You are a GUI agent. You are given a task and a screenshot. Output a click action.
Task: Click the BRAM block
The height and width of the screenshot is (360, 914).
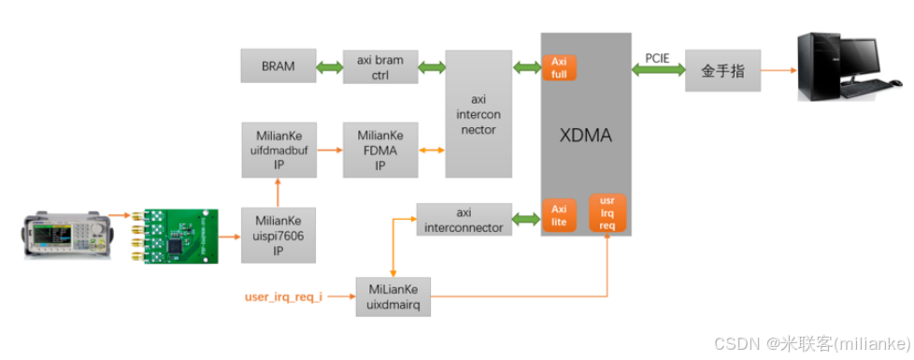[278, 67]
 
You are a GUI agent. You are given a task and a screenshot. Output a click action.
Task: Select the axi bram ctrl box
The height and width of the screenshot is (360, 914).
[380, 67]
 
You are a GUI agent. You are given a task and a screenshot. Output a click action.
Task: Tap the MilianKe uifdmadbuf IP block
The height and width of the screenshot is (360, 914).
[278, 150]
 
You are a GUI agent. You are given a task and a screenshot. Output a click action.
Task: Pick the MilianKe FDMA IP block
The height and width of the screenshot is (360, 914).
[380, 150]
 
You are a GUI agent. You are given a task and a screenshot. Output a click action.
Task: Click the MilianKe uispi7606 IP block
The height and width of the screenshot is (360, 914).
[278, 236]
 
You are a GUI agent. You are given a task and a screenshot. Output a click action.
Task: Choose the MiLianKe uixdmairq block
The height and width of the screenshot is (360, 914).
[392, 297]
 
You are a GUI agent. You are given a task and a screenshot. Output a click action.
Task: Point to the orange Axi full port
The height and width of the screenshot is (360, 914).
[560, 67]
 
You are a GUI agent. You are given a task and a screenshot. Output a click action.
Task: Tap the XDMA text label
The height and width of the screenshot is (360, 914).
[586, 137]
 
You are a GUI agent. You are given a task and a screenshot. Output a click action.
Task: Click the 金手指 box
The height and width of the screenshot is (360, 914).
[722, 70]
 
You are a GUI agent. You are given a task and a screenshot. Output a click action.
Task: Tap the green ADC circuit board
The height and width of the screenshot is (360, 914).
[179, 236]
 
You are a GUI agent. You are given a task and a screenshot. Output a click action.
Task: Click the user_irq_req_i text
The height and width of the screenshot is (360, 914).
[283, 298]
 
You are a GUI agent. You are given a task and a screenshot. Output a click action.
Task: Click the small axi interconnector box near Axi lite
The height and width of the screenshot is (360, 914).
[464, 219]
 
